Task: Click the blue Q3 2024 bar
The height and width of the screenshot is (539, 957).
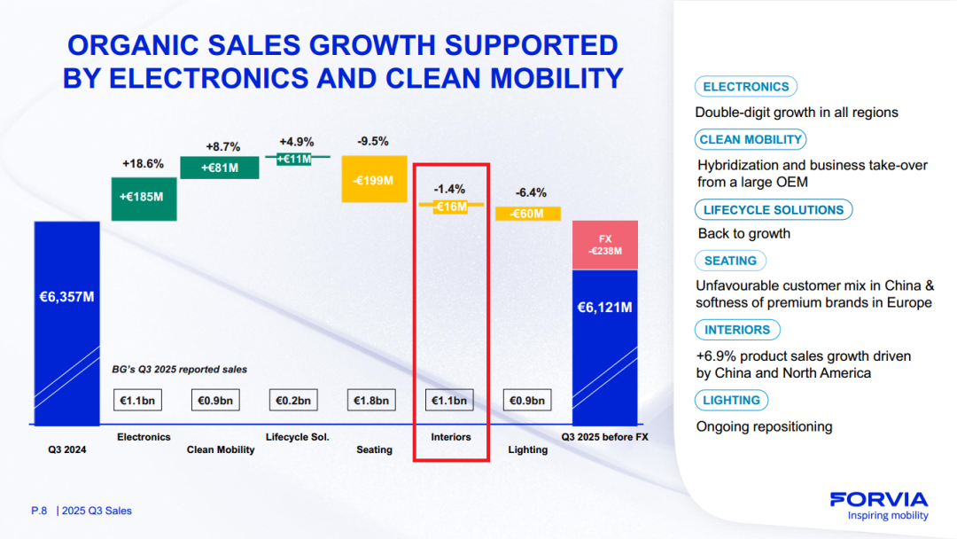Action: coord(66,323)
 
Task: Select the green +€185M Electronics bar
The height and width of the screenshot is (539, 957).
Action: coord(144,196)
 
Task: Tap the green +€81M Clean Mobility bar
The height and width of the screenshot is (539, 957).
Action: coord(220,168)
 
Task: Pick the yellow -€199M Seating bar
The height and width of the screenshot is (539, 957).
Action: coord(374,180)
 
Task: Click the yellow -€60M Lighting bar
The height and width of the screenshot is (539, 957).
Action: coord(527,214)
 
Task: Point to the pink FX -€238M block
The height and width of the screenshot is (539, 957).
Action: coord(605,245)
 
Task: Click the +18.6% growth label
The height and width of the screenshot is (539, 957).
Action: coord(143,164)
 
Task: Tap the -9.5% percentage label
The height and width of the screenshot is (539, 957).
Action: coord(373,141)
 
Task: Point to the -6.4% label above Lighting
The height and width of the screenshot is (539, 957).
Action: coord(531,192)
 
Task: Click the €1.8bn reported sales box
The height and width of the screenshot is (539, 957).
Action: coord(371,401)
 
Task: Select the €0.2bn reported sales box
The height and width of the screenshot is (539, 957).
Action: coord(292,401)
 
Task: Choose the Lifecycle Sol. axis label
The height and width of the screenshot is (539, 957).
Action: coord(298,437)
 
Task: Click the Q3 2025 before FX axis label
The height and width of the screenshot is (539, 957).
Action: coord(605,437)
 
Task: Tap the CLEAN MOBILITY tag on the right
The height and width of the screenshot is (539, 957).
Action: coord(751,140)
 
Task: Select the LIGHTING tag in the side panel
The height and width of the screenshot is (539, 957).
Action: coord(732,401)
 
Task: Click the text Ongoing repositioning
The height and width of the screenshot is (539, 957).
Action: coord(765,426)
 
